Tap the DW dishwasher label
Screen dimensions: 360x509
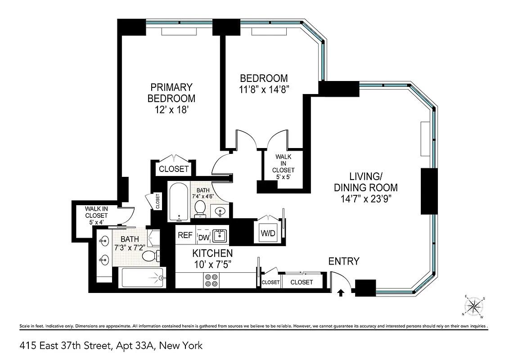pyautogui.click(x=204, y=237)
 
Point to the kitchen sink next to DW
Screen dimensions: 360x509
pyautogui.click(x=221, y=235)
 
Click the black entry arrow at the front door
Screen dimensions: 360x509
pyautogui.click(x=341, y=292)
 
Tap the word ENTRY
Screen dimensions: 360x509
pyautogui.click(x=344, y=261)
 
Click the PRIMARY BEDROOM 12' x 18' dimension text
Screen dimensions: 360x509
pyautogui.click(x=171, y=109)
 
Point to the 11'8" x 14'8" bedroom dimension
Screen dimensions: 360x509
pyautogui.click(x=263, y=89)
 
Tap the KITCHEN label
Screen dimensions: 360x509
pyautogui.click(x=212, y=253)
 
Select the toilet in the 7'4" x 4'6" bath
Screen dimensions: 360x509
pyautogui.click(x=200, y=208)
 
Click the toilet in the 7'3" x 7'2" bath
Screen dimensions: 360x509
pyautogui.click(x=150, y=256)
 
